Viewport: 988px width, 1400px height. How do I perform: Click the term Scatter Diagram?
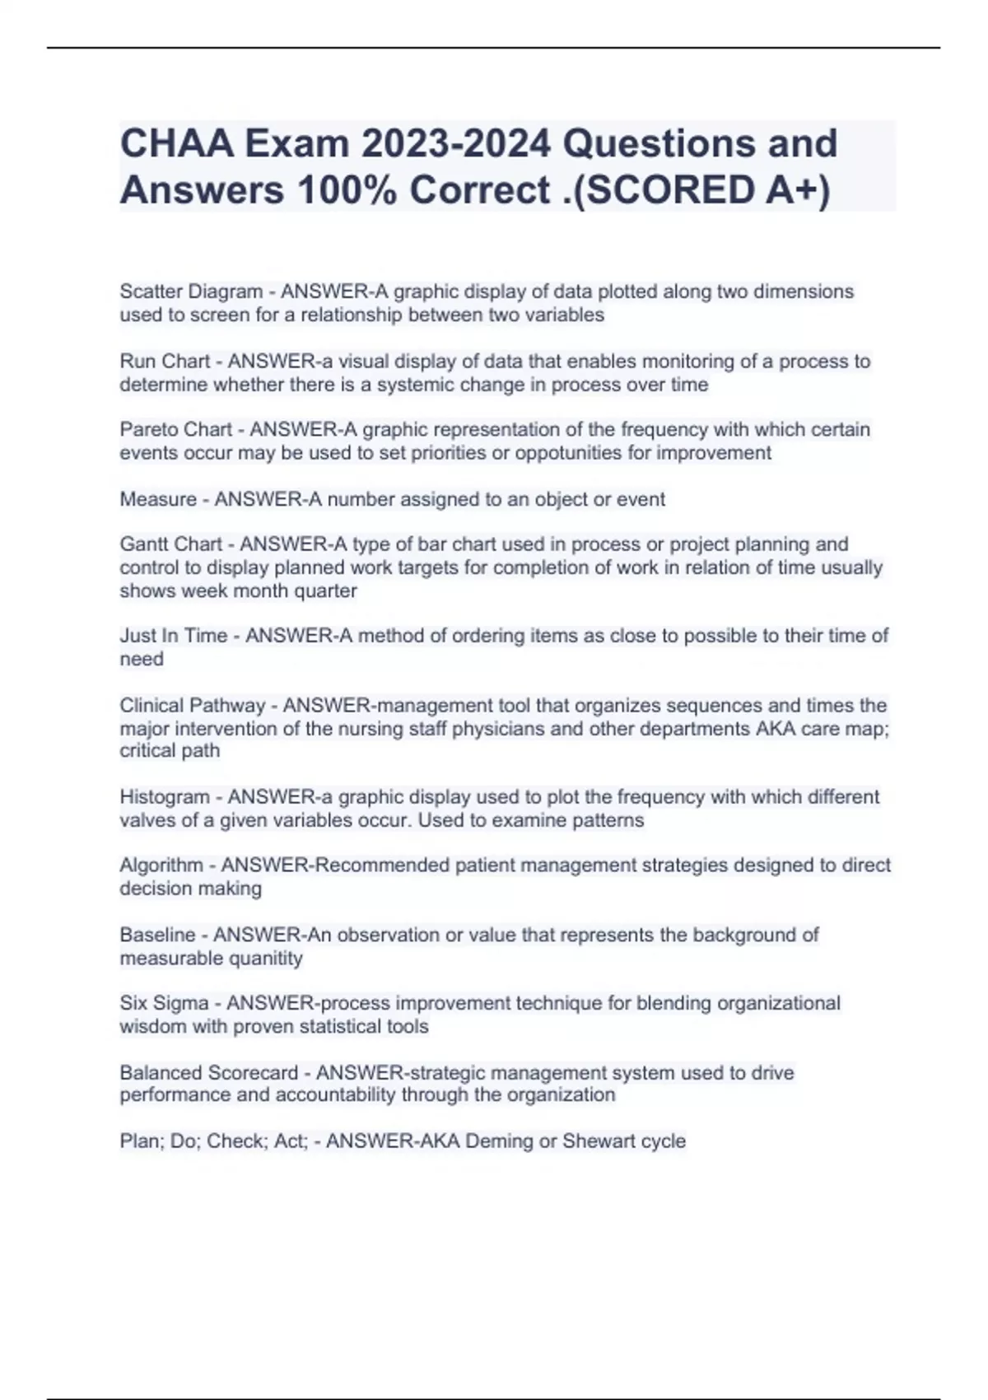191,292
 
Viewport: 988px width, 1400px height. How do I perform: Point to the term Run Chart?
165,362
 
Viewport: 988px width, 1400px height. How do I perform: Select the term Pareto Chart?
176,430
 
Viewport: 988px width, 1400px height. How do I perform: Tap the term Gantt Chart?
171,544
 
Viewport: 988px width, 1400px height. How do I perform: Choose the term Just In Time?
173,636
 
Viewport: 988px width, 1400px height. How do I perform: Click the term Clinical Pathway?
193,706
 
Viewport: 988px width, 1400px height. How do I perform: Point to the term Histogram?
165,797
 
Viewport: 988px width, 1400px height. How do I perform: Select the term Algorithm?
161,866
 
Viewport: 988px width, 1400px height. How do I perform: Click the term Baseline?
157,936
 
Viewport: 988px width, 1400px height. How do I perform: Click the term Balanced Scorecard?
208,1073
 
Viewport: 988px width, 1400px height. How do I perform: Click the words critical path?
170,751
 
